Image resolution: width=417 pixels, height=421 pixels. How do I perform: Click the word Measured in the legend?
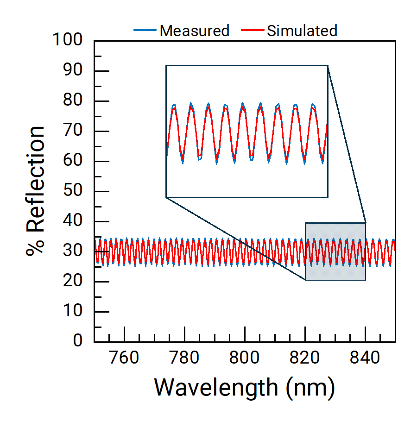(x=194, y=31)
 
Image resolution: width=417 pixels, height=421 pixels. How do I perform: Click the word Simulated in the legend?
(x=302, y=31)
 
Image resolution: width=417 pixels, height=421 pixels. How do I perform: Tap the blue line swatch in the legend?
(x=145, y=31)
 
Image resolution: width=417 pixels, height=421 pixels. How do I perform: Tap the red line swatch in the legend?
(x=253, y=31)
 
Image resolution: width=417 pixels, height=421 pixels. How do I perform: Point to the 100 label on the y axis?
(x=68, y=41)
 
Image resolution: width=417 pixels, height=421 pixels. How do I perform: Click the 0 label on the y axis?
(x=78, y=341)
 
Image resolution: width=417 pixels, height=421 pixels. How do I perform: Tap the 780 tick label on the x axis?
(x=184, y=358)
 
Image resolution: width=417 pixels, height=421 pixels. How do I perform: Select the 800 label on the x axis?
(x=245, y=358)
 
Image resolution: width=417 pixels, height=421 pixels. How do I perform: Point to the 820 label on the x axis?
(x=305, y=358)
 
